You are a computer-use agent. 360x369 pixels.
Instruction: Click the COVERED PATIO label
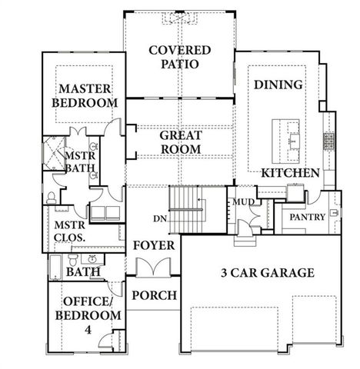point(179,58)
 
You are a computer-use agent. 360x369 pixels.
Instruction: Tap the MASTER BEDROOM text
point(85,95)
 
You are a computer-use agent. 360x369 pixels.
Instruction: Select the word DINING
point(278,85)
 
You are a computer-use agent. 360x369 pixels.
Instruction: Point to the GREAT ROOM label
point(180,141)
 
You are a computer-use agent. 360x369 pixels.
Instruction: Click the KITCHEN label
point(290,174)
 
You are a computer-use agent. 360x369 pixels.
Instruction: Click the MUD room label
point(244,202)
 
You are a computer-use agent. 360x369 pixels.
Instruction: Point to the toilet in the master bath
point(52,198)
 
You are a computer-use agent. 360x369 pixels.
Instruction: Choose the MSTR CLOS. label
point(68,231)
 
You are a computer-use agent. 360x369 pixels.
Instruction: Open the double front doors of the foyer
point(154,267)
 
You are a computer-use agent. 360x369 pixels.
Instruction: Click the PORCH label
point(155,295)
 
